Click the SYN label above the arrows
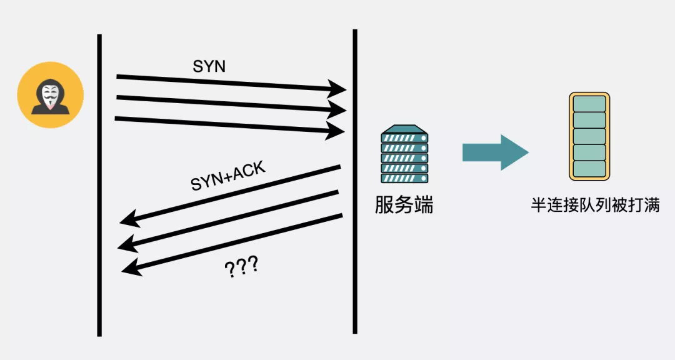pos(209,67)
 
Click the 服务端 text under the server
pos(404,204)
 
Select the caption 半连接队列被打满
pos(595,205)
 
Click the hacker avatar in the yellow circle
pos(50,95)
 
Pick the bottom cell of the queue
pos(589,168)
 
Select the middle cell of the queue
pos(589,136)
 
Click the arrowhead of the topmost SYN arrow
pos(338,88)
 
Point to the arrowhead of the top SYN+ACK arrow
pos(129,219)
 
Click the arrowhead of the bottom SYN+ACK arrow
pos(130,268)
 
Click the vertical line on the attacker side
pos(99,187)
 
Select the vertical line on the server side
pos(355,187)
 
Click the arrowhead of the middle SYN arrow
pos(338,109)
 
